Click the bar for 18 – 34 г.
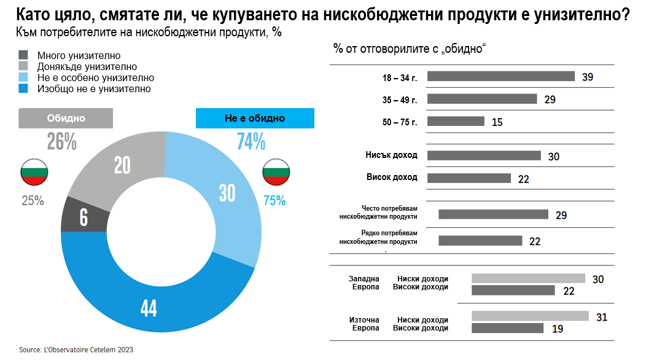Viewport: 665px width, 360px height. tap(500, 77)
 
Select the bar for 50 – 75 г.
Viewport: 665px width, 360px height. tap(456, 121)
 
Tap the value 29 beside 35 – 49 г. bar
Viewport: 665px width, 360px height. tap(550, 100)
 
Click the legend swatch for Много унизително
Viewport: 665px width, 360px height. tap(24, 55)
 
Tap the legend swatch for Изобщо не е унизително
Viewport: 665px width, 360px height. tap(24, 88)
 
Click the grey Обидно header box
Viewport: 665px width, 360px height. tap(66, 118)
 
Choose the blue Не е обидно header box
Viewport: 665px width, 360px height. tap(255, 118)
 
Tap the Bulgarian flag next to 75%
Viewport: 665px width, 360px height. tap(276, 173)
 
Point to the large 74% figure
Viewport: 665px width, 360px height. tap(251, 142)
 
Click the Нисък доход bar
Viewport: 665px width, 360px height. tap(484, 155)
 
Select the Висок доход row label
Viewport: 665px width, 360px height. tap(392, 178)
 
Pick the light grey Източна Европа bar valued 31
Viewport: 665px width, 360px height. tap(529, 316)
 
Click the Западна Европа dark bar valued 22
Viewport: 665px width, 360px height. tap(513, 290)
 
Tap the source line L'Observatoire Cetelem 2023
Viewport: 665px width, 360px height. tap(76, 350)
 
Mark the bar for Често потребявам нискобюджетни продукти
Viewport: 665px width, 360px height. tap(493, 214)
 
